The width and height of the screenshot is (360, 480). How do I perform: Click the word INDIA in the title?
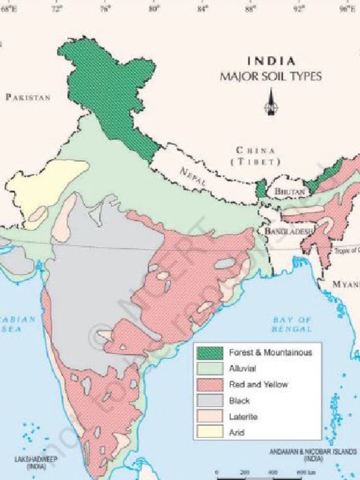[271, 61]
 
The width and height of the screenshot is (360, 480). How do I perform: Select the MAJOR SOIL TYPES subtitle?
[271, 76]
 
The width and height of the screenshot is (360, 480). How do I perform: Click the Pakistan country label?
[28, 97]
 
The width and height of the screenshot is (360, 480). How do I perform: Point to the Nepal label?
[193, 178]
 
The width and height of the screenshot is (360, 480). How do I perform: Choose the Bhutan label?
[290, 191]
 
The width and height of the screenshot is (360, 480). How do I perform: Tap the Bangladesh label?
[283, 231]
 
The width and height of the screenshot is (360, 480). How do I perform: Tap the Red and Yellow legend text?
[258, 384]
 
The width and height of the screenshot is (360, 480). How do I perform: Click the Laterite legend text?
[243, 416]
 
